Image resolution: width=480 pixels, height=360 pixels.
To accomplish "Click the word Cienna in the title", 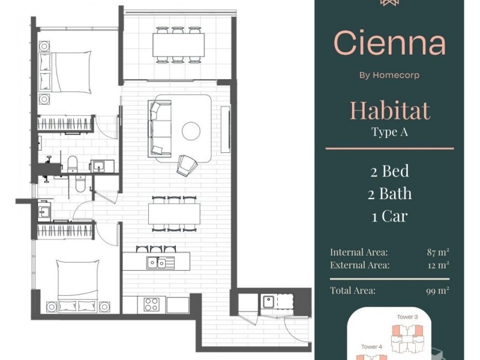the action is tap(389, 43).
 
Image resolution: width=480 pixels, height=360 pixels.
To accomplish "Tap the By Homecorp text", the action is tap(389, 75).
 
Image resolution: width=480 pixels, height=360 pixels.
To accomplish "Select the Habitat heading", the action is tap(389, 110).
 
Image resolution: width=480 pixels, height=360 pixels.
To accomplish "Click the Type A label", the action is tap(389, 132).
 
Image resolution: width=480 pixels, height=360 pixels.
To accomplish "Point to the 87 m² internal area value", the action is tap(438, 252).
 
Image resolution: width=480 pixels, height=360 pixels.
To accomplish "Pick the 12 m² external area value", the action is tap(439, 265).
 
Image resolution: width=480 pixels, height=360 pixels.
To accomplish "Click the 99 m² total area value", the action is tap(438, 290).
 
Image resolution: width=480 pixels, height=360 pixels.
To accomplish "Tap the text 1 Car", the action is tap(389, 216).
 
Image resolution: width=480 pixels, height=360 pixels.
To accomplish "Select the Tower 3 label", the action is tap(407, 317).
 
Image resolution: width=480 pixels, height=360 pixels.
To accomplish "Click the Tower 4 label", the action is tap(371, 347).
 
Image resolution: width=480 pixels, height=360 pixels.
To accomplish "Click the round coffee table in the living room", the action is tap(191, 131).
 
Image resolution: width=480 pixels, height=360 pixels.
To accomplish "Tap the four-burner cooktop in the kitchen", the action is tap(152, 304).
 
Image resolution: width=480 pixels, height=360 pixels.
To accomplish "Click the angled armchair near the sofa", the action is tap(187, 166).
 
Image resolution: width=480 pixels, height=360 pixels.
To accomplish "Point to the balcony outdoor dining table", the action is tap(178, 44).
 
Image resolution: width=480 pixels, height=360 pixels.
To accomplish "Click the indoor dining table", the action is tap(174, 214).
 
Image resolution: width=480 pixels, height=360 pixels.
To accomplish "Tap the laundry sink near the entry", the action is tap(268, 301).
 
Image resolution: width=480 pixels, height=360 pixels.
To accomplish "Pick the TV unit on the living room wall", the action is tap(226, 130).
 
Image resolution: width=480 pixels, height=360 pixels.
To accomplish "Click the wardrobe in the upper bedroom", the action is tap(65, 124).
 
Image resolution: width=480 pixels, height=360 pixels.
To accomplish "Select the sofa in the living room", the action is tap(160, 128).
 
